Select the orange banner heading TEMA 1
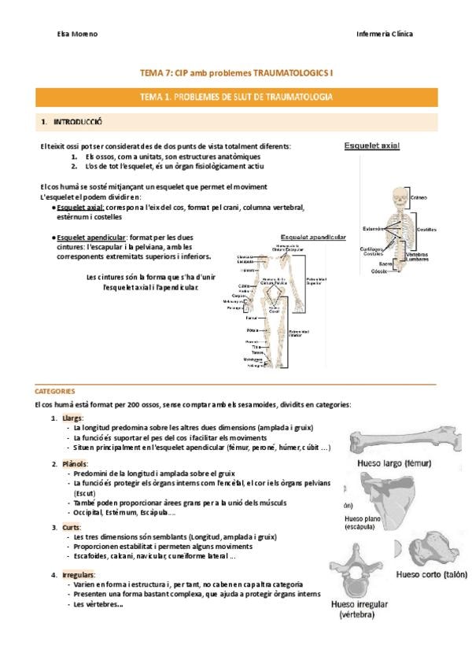(x=235, y=97)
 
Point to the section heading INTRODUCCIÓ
(x=76, y=123)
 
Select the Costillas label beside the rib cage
(x=427, y=230)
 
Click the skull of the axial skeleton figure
(x=400, y=199)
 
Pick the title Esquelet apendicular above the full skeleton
(x=313, y=236)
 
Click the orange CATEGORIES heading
(x=55, y=390)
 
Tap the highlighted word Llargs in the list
(x=72, y=418)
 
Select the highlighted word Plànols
(x=75, y=464)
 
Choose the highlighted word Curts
(x=72, y=527)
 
